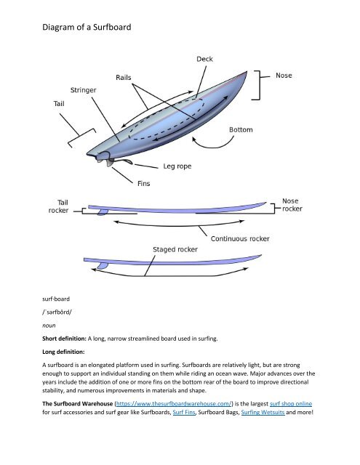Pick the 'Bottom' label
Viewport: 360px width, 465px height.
click(x=241, y=130)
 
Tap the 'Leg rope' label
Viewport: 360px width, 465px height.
click(x=177, y=166)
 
